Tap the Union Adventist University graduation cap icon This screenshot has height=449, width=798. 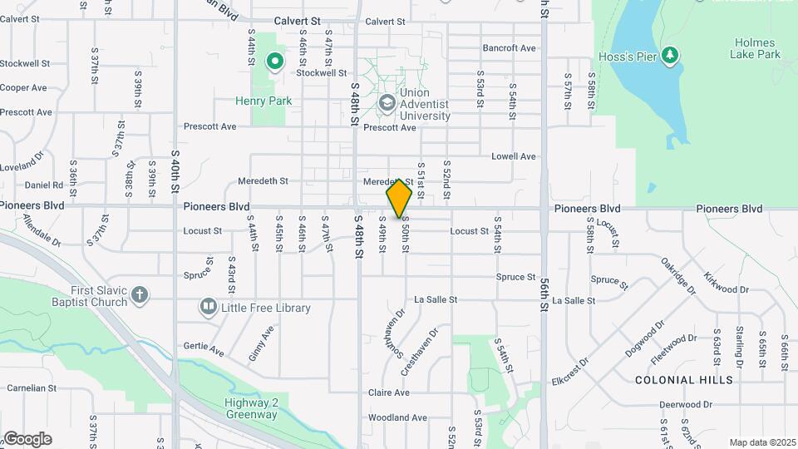click(387, 104)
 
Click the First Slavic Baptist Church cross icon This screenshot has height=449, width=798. click(140, 295)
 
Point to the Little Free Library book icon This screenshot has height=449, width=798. click(208, 308)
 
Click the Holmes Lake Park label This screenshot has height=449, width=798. click(755, 48)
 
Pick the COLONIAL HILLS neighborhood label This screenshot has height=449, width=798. click(684, 380)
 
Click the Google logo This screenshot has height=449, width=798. click(27, 439)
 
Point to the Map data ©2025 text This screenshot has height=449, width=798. click(763, 442)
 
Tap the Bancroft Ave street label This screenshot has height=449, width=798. click(509, 48)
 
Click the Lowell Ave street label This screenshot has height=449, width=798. click(513, 156)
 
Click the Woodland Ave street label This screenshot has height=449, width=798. click(397, 417)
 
